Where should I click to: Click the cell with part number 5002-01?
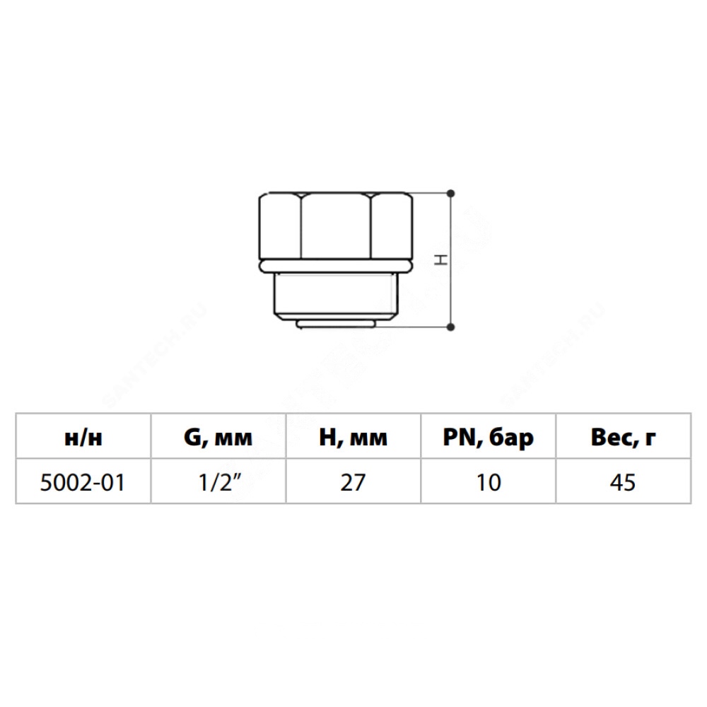83,482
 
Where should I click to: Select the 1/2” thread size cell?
220,482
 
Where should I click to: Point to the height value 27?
353,482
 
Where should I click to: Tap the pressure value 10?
489,482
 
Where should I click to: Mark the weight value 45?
623,482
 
